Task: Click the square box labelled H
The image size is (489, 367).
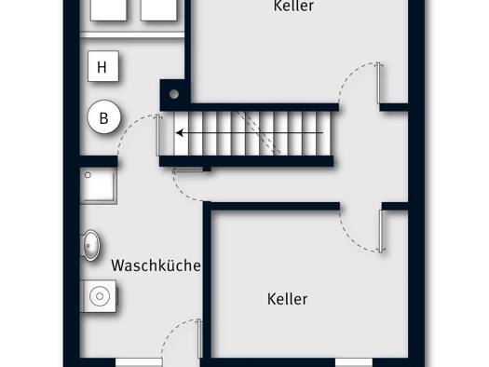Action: click(x=103, y=66)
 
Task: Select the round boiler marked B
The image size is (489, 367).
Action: click(x=103, y=117)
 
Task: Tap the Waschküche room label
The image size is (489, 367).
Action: click(x=156, y=265)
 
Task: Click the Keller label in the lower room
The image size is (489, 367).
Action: click(x=287, y=299)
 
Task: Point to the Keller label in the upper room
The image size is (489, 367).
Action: click(x=293, y=6)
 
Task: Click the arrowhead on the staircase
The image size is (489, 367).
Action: click(x=180, y=133)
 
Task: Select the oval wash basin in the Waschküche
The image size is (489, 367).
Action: click(x=91, y=245)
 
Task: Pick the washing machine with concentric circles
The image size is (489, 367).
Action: click(x=99, y=296)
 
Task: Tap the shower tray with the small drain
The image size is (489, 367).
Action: click(x=99, y=186)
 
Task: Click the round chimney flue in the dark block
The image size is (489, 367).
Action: click(x=174, y=94)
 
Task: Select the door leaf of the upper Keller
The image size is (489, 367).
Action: click(x=378, y=83)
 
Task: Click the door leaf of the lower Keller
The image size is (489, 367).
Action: click(x=381, y=231)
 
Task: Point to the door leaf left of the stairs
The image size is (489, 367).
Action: click(x=158, y=135)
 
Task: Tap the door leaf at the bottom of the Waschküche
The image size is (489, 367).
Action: click(x=199, y=339)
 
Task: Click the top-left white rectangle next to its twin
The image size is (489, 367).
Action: click(x=109, y=10)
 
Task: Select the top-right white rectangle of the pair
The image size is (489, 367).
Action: click(x=159, y=10)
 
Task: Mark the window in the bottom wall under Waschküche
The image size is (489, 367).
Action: click(x=139, y=362)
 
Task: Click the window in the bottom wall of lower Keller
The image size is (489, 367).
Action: click(x=354, y=362)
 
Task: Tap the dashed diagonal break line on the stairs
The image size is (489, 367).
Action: click(x=259, y=133)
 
